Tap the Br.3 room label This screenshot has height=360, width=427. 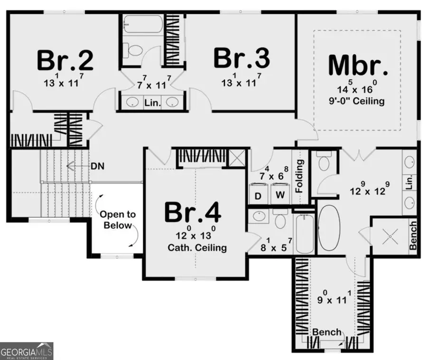(241, 59)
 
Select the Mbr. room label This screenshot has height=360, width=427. (358, 66)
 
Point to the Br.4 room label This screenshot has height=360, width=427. (193, 212)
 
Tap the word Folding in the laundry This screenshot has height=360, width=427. (299, 176)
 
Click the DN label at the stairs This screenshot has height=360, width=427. (98, 166)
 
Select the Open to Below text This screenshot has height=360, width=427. (117, 219)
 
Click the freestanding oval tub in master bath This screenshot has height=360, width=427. (329, 228)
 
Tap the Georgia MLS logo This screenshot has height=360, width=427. (27, 351)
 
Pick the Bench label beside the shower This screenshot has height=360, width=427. (413, 235)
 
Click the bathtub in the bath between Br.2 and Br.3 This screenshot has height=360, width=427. (142, 23)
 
